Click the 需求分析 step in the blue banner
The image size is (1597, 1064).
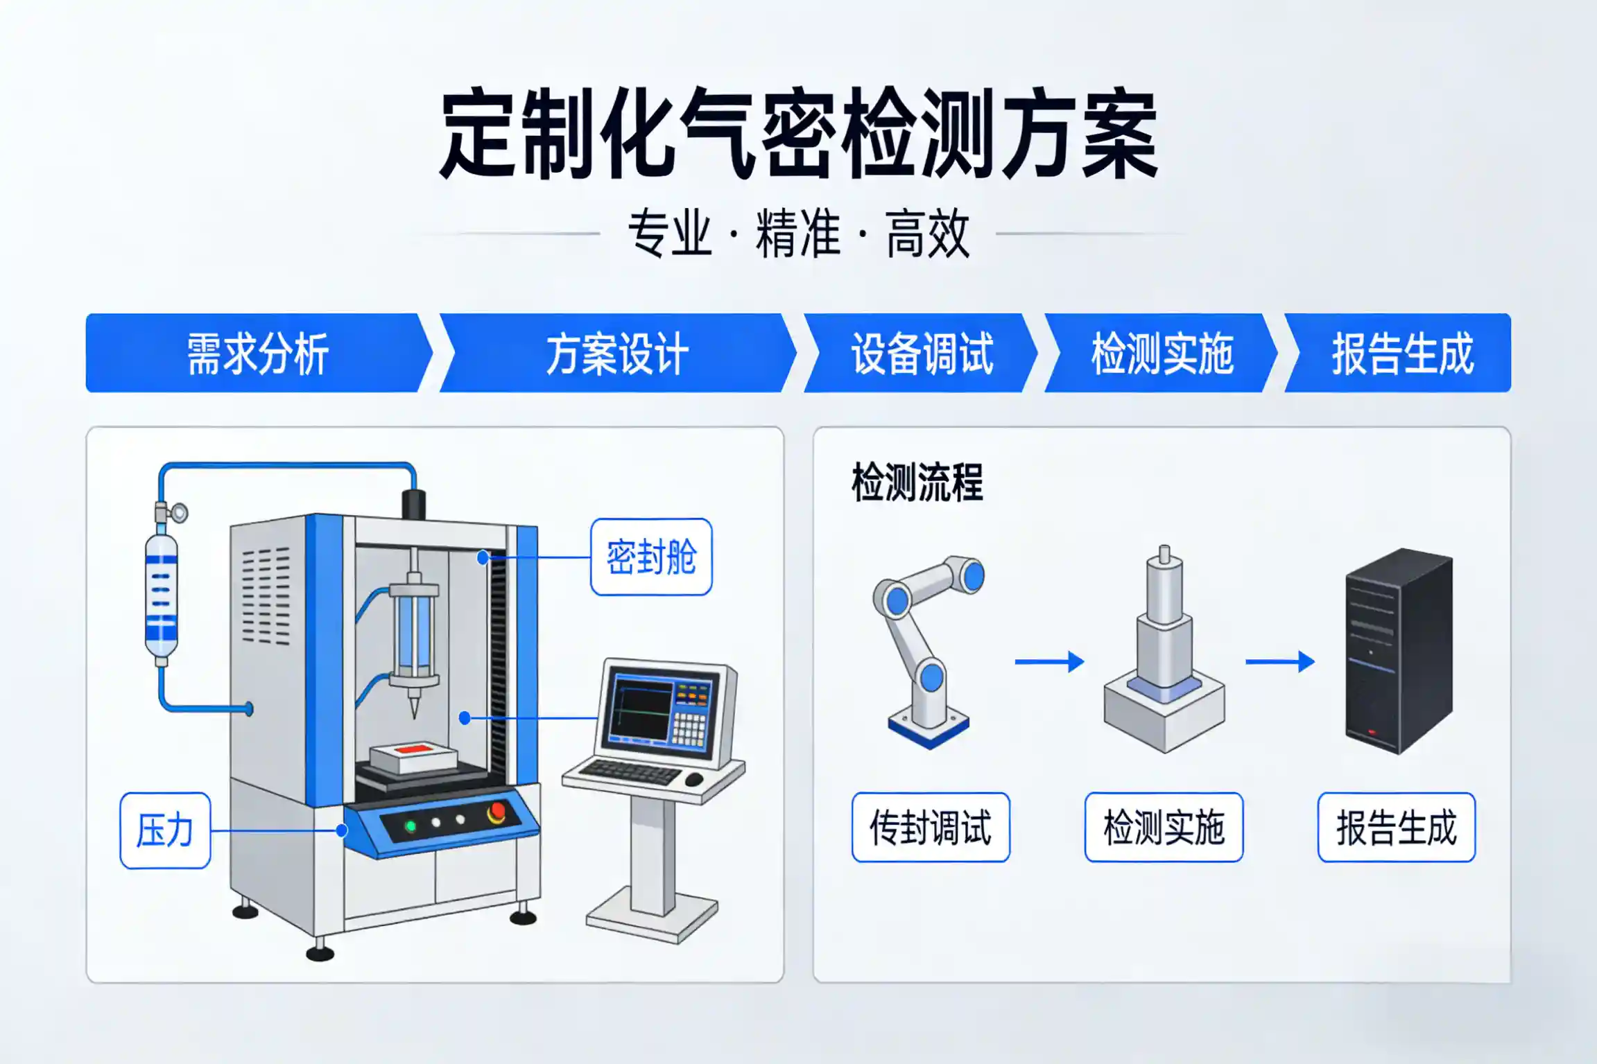[x=257, y=354]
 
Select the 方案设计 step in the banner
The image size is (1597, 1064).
[x=616, y=354]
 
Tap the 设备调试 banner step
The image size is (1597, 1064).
[x=922, y=354]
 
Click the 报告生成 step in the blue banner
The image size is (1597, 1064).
[x=1401, y=354]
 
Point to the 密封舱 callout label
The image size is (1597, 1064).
[x=651, y=557]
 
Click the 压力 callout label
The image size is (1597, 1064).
[x=165, y=830]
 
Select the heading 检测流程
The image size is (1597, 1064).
[x=917, y=482]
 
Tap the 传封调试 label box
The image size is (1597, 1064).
[x=931, y=828]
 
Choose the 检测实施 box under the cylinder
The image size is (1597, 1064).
[x=1164, y=828]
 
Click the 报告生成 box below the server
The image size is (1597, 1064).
[x=1397, y=828]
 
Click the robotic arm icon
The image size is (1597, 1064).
[x=926, y=652]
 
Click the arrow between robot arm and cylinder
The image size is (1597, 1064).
[x=1048, y=662]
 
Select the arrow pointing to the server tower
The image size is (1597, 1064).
[x=1279, y=662]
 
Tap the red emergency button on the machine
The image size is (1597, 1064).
[x=497, y=812]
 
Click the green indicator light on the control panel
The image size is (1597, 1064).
[x=411, y=826]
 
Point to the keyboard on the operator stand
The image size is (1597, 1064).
[x=630, y=771]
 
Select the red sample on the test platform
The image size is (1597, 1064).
[x=415, y=749]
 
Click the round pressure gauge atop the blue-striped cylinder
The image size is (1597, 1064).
[x=180, y=513]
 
